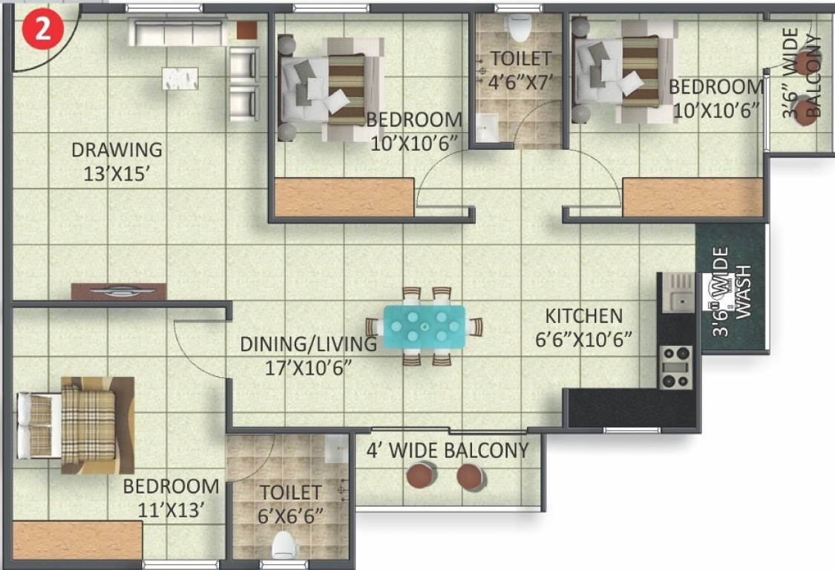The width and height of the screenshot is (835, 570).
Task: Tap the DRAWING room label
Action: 117,150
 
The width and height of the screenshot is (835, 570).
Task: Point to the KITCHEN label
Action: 583,316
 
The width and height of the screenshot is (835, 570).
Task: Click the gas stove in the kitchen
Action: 675,367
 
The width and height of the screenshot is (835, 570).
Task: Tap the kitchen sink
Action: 678,291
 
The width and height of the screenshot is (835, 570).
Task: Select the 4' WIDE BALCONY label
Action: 448,451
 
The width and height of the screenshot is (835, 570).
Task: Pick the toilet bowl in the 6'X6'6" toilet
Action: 286,546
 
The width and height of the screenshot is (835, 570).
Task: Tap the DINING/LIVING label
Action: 308,344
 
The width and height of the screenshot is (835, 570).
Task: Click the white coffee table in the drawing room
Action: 180,79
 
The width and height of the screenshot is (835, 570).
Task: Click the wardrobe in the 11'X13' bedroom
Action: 77,540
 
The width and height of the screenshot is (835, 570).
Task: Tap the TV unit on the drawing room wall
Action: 119,292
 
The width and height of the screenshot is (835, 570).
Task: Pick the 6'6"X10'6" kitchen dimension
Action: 583,340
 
